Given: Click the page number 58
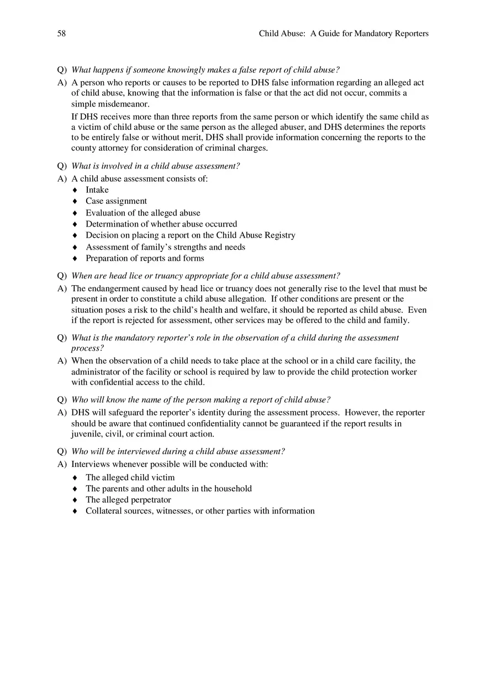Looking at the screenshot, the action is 61,34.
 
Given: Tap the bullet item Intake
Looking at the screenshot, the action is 97,190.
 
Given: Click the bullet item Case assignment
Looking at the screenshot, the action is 116,201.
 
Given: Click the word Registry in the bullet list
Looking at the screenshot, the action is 280,235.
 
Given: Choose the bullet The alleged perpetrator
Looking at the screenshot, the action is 128,500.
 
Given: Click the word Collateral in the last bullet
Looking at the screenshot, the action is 104,511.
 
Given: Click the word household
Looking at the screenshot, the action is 233,489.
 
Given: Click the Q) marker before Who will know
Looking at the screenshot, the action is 62,400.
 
